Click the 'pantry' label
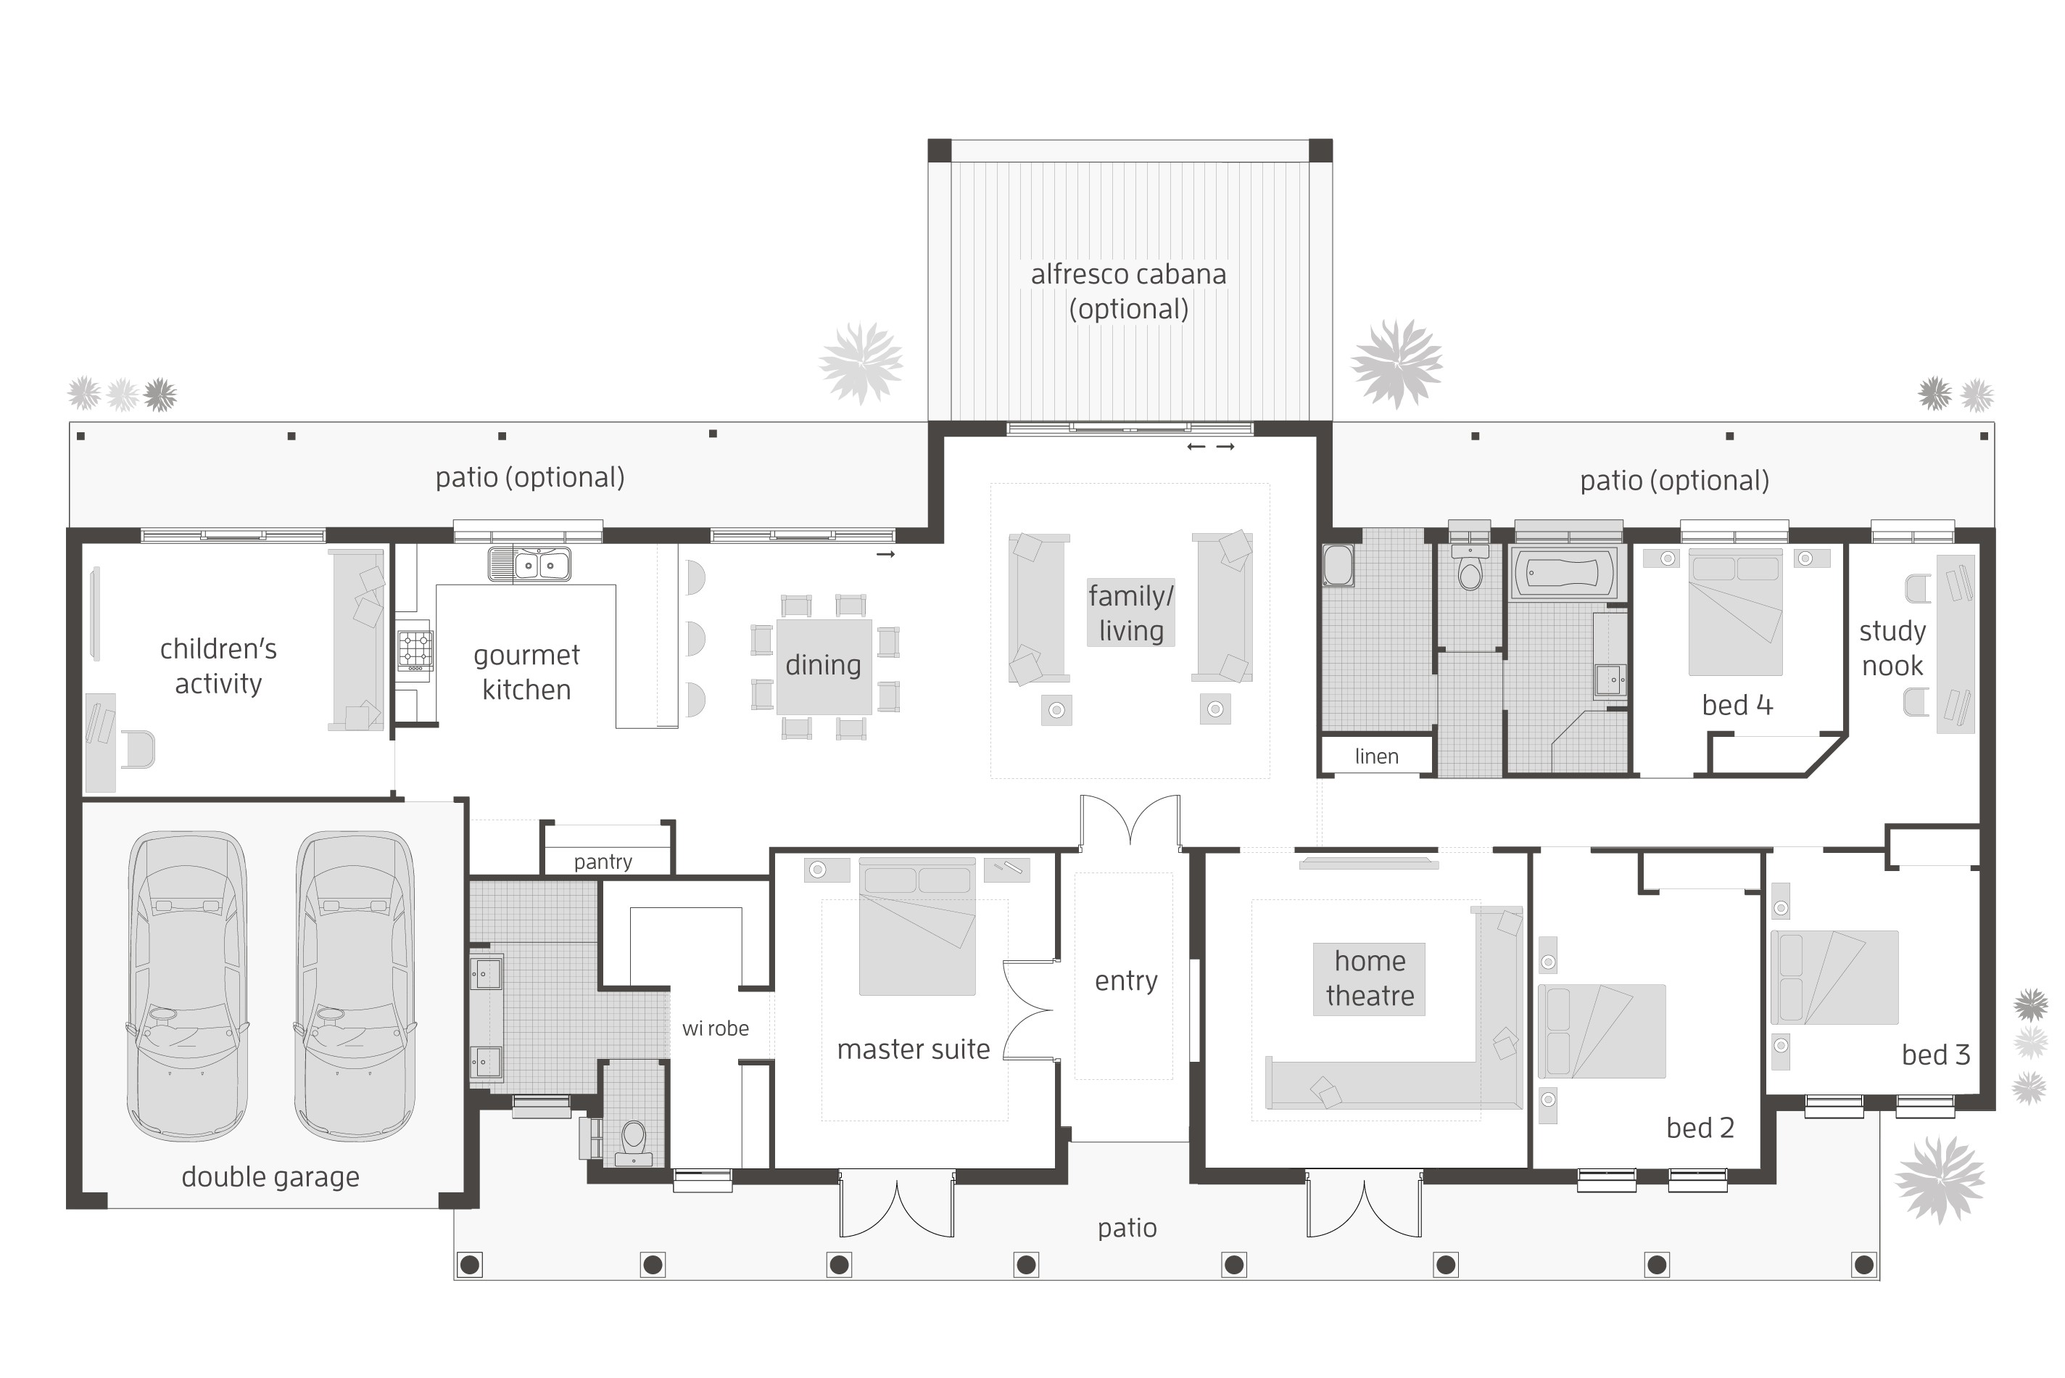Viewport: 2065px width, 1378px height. (603, 862)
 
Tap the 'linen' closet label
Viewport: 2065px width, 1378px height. (1375, 756)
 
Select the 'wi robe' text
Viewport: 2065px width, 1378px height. (715, 1028)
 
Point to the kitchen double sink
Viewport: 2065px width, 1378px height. (529, 564)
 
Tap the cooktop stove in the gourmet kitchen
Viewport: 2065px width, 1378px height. (415, 651)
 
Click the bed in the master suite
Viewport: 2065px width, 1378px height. (917, 926)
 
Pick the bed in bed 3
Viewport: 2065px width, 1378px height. (1834, 977)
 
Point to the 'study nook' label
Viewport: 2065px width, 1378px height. (1892, 648)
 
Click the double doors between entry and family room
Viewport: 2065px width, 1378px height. (1130, 822)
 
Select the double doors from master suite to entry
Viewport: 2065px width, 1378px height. (1030, 1010)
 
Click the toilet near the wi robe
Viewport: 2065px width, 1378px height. (633, 1140)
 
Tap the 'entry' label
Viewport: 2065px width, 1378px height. (1125, 981)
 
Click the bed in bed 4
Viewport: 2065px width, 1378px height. (1735, 611)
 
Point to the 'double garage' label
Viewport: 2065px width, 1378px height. (270, 1177)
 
